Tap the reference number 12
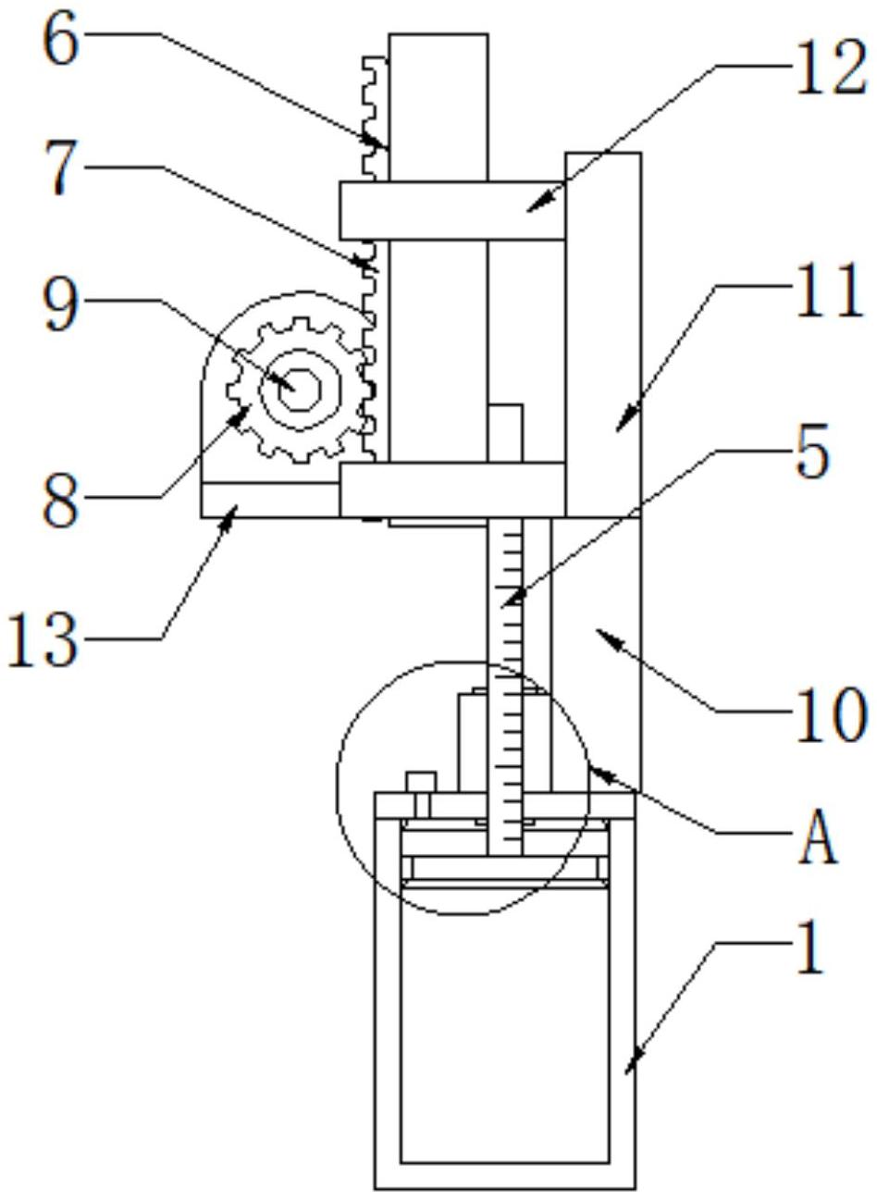tap(830, 68)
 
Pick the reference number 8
tap(61, 499)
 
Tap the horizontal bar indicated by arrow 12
tap(451, 210)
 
